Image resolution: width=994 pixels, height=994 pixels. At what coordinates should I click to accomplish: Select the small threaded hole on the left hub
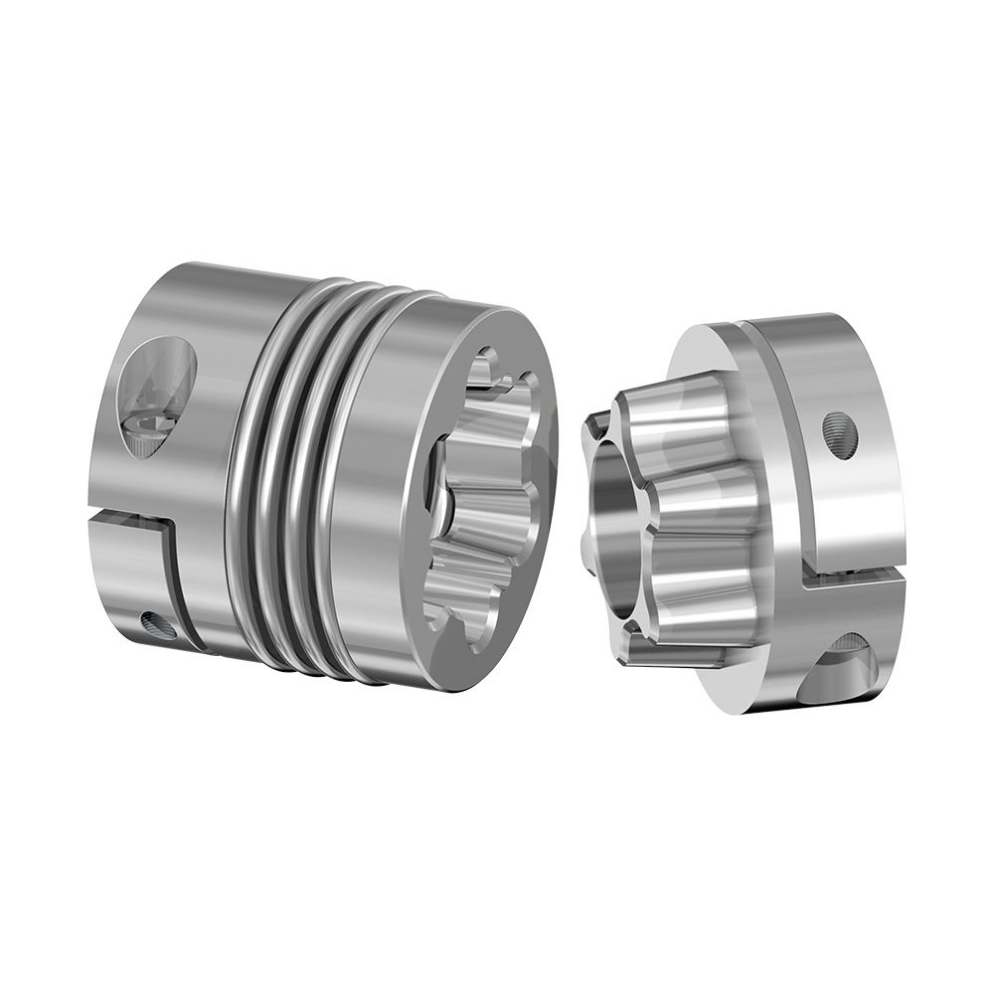click(157, 624)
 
